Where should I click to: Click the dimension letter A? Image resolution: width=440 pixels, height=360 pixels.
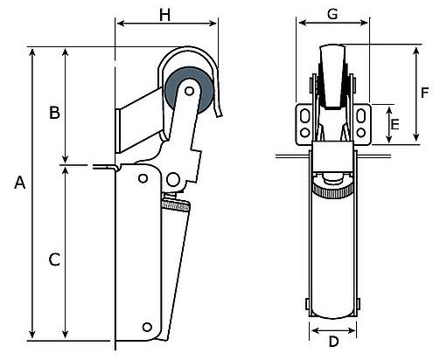[x=20, y=183]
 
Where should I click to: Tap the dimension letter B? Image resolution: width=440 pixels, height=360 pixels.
[x=54, y=113]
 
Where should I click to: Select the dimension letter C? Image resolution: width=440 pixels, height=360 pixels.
[x=54, y=260]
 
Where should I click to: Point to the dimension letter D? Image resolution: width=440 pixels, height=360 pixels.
[x=333, y=341]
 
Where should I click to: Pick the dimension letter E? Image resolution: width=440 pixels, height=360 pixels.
[x=395, y=125]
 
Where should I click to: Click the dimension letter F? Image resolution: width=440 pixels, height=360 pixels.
[x=425, y=93]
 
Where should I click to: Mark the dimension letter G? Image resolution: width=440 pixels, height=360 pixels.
[x=332, y=14]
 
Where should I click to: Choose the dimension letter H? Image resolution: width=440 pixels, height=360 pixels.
[x=164, y=15]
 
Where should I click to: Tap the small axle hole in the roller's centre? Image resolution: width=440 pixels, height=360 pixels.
[x=190, y=91]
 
